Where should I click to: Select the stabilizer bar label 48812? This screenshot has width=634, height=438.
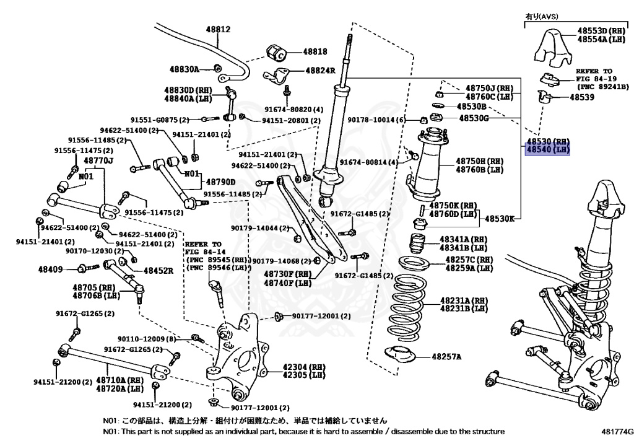[x=218, y=29]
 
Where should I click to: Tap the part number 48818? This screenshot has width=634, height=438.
[x=315, y=53]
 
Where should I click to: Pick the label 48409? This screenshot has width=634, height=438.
[x=50, y=269]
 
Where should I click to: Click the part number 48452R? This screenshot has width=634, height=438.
[x=158, y=270]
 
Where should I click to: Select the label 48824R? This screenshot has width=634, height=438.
[x=320, y=71]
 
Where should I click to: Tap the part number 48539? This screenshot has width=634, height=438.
[x=582, y=97]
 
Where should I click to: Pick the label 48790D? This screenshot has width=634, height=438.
[x=221, y=182]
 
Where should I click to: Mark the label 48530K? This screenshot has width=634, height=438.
[x=501, y=219]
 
